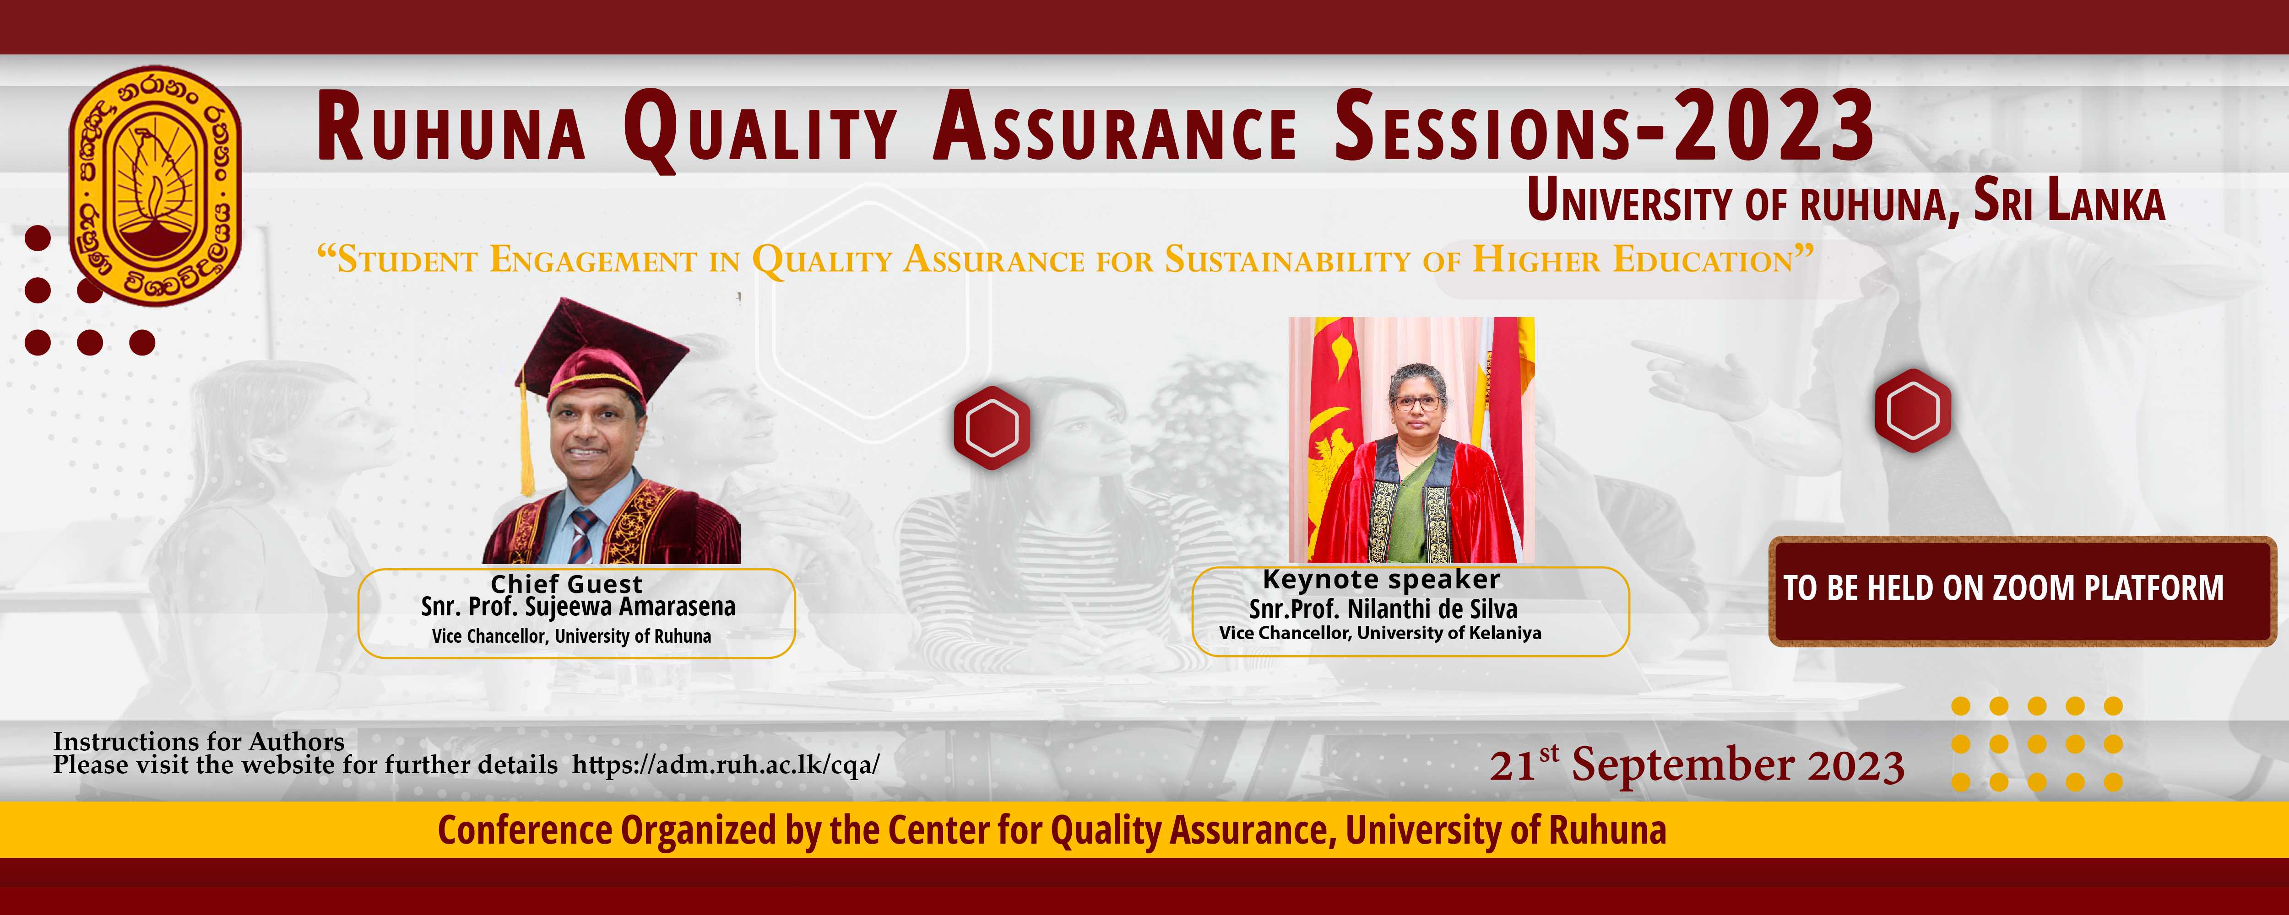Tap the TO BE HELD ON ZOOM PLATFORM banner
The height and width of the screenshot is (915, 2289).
coord(2022,591)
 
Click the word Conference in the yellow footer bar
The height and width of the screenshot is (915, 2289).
coord(526,830)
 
